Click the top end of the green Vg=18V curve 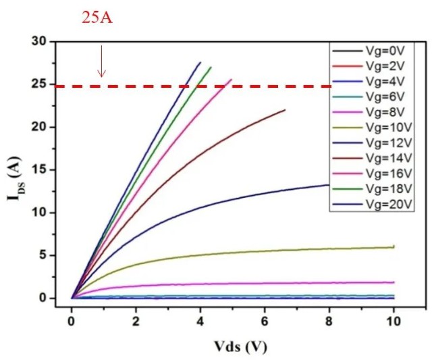click(x=211, y=67)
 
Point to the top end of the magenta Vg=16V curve click(x=232, y=80)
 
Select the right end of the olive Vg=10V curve click(x=394, y=247)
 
